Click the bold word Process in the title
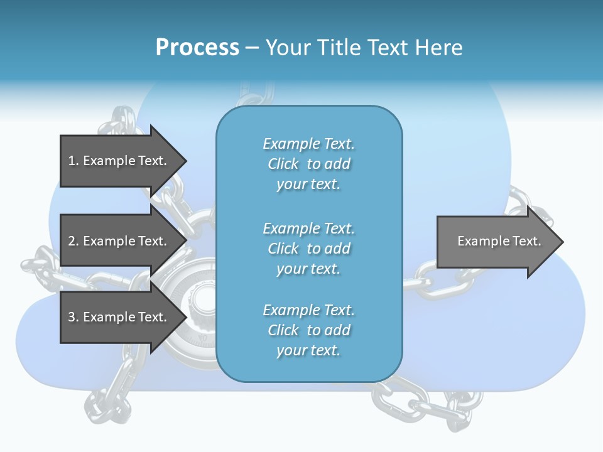[x=197, y=47]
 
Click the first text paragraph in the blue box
[x=308, y=164]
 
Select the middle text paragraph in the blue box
[x=308, y=248]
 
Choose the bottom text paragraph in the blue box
[x=308, y=330]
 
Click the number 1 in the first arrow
[x=71, y=161]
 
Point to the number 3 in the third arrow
[x=71, y=317]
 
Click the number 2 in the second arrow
[x=71, y=241]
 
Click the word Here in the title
[x=439, y=47]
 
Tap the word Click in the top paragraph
[x=283, y=164]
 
